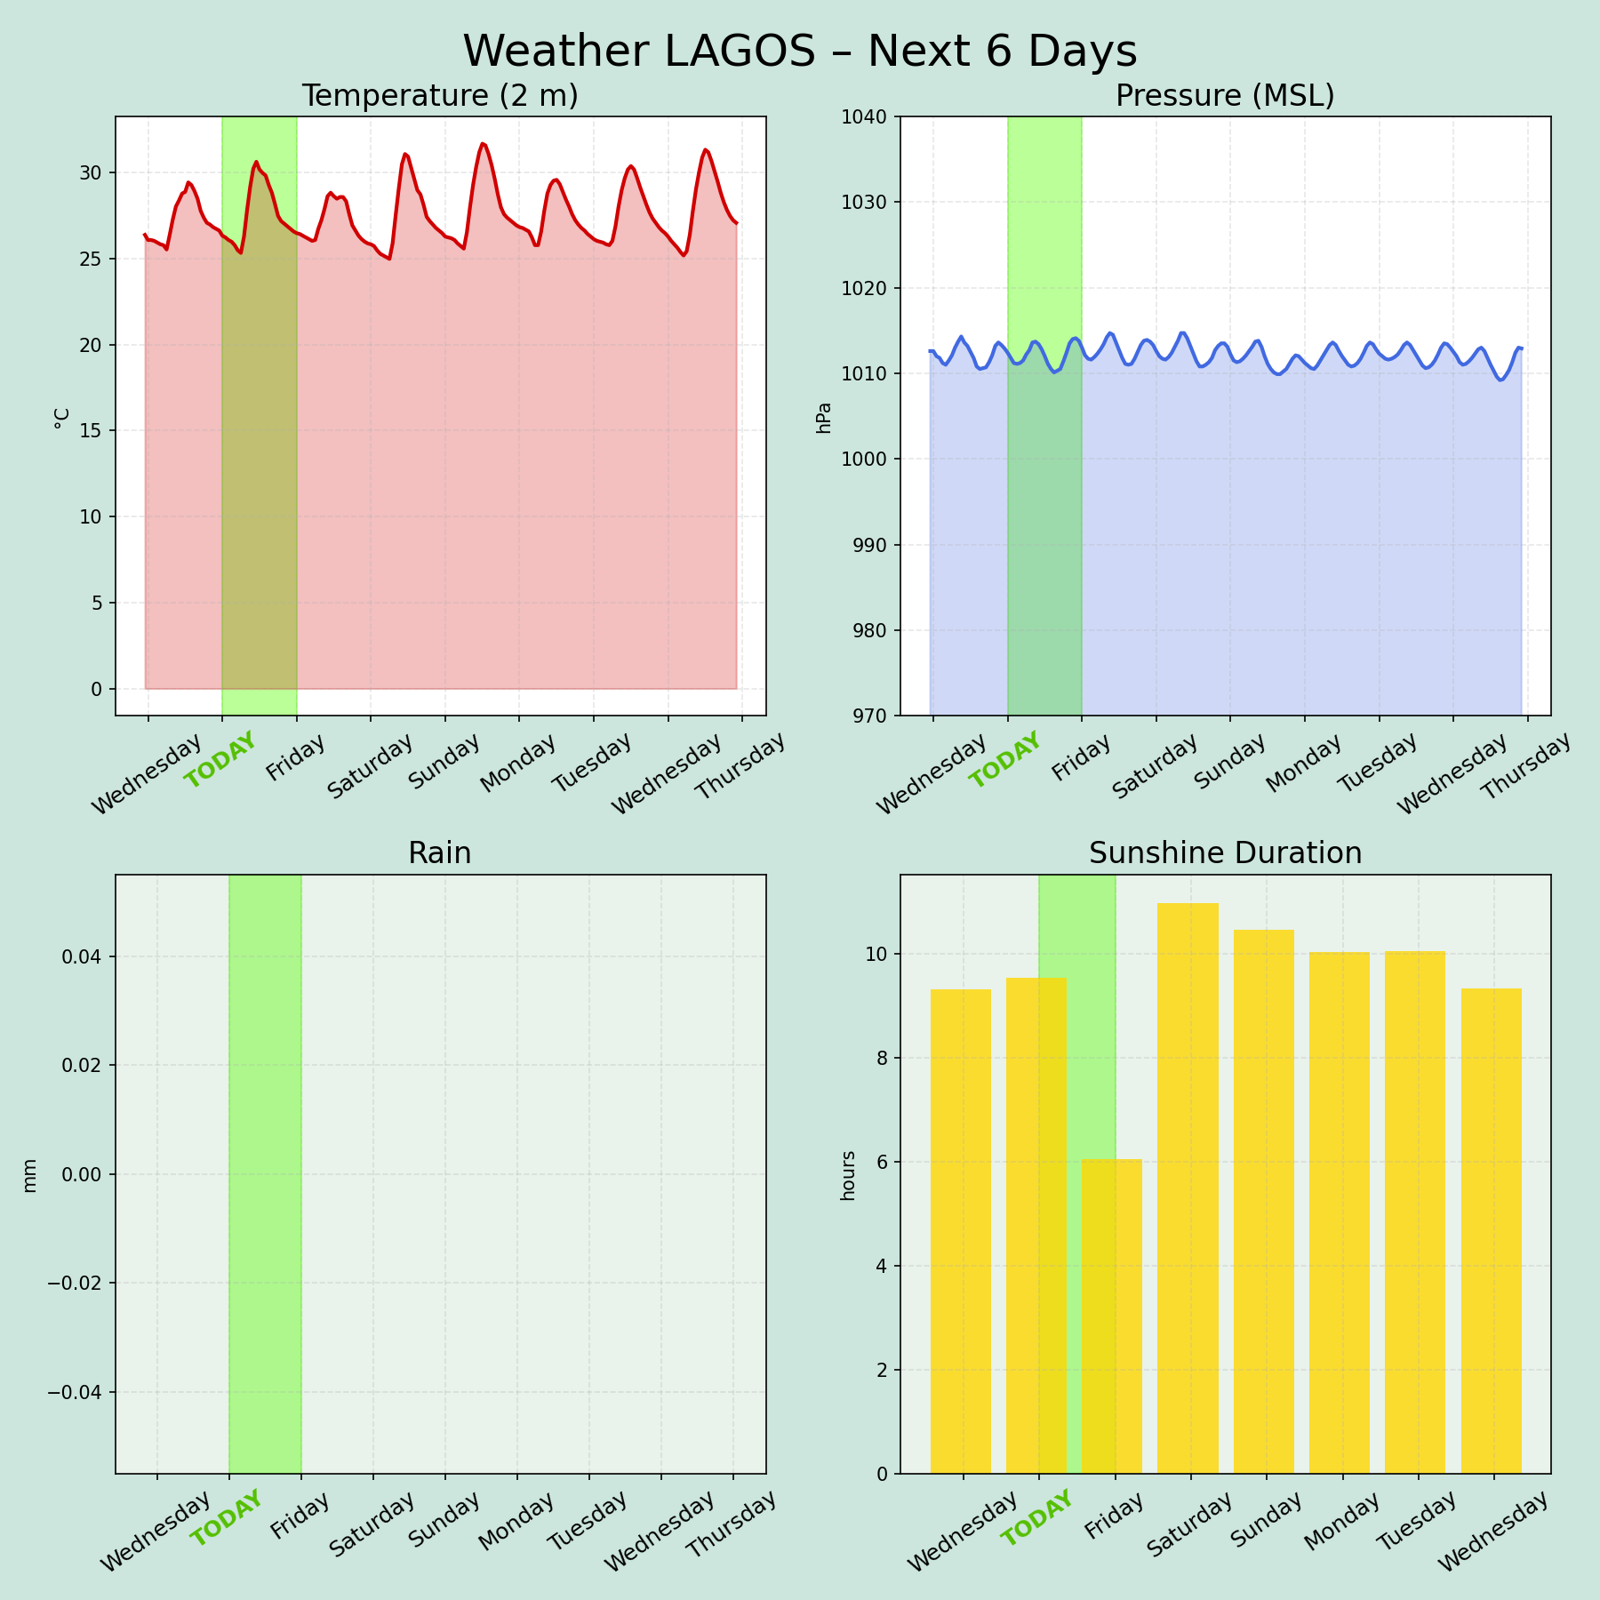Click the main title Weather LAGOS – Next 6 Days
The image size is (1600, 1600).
point(799,52)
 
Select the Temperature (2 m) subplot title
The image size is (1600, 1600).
point(440,96)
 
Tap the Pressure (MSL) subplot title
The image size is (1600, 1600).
point(1225,96)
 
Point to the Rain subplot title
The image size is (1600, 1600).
point(440,853)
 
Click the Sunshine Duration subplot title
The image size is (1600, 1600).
point(1225,853)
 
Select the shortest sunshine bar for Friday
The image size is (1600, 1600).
point(1112,1316)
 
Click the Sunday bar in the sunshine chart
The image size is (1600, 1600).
point(1263,1200)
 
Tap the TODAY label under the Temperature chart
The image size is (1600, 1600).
point(220,761)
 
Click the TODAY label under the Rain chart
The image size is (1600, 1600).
point(228,1518)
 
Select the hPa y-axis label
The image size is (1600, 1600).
point(824,417)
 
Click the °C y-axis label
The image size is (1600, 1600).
point(61,418)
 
